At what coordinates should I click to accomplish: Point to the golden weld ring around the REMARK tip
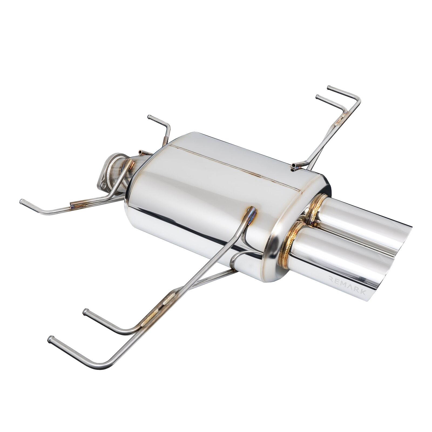pyautogui.click(x=290, y=243)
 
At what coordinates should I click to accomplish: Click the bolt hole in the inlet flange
pyautogui.click(x=103, y=184)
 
